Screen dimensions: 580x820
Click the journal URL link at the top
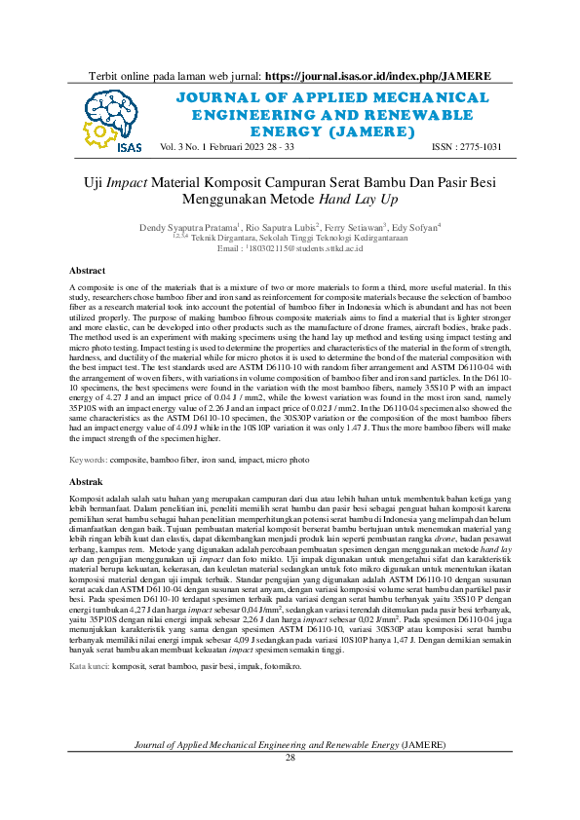[377, 75]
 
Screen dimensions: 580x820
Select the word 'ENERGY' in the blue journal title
[284, 130]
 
